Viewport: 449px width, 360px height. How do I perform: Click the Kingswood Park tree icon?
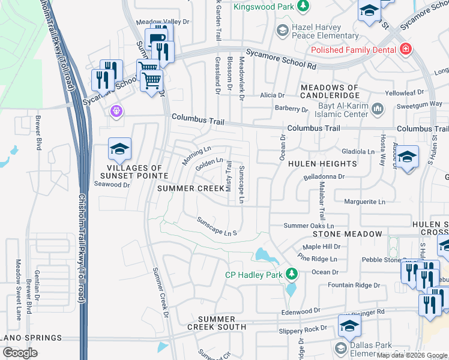tap(304, 5)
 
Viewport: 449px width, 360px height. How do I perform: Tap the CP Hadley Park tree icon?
tap(292, 274)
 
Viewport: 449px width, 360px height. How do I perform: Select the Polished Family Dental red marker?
tap(406, 49)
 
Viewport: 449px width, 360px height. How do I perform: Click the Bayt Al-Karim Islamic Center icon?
tap(377, 109)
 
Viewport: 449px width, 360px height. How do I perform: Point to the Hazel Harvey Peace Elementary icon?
tap(282, 30)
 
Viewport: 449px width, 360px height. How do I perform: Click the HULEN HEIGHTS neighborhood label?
tap(322, 164)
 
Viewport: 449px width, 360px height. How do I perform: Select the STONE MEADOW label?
tap(346, 234)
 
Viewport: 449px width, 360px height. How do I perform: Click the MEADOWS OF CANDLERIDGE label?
tap(330, 92)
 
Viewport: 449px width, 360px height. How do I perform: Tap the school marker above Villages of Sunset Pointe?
tap(119, 150)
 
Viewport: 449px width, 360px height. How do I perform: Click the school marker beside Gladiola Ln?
tap(408, 158)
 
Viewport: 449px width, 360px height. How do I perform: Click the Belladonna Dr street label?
tap(324, 177)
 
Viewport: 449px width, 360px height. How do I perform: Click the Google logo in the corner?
tap(20, 353)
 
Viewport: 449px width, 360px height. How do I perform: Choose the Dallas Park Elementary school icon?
tap(340, 349)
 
